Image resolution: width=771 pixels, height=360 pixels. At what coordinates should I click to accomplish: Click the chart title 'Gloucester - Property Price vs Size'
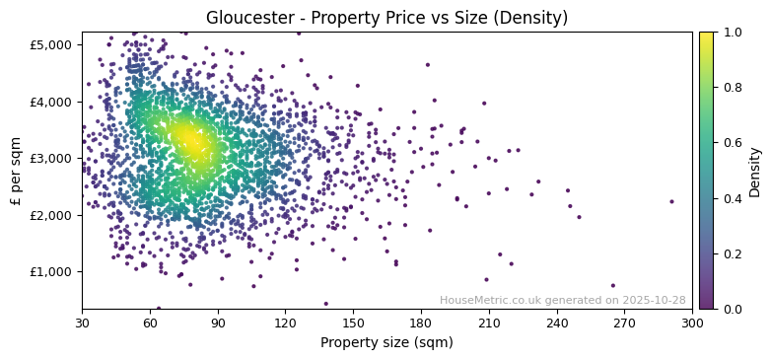tap(386, 18)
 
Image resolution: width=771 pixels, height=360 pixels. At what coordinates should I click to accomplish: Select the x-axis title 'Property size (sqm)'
tap(386, 343)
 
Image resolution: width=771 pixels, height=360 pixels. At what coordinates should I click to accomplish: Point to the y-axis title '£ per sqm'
tap(16, 171)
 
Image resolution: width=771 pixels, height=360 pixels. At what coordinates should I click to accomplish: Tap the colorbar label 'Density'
tap(755, 171)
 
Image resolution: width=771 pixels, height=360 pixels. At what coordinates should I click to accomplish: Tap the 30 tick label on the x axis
tap(82, 323)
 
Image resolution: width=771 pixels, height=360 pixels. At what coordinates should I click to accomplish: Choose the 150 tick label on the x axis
tap(353, 323)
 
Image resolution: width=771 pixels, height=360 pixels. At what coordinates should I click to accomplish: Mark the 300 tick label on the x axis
tap(692, 323)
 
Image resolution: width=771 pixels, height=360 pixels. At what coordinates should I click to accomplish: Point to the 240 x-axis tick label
tap(557, 323)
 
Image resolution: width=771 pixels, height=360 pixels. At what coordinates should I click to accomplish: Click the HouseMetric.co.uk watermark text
tap(562, 300)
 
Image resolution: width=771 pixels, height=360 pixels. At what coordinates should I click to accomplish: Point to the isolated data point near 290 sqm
tap(671, 201)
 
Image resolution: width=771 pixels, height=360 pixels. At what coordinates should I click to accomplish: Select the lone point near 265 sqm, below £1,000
tap(612, 286)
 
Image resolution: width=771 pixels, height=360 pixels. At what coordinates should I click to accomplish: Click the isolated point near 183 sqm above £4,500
tap(427, 65)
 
